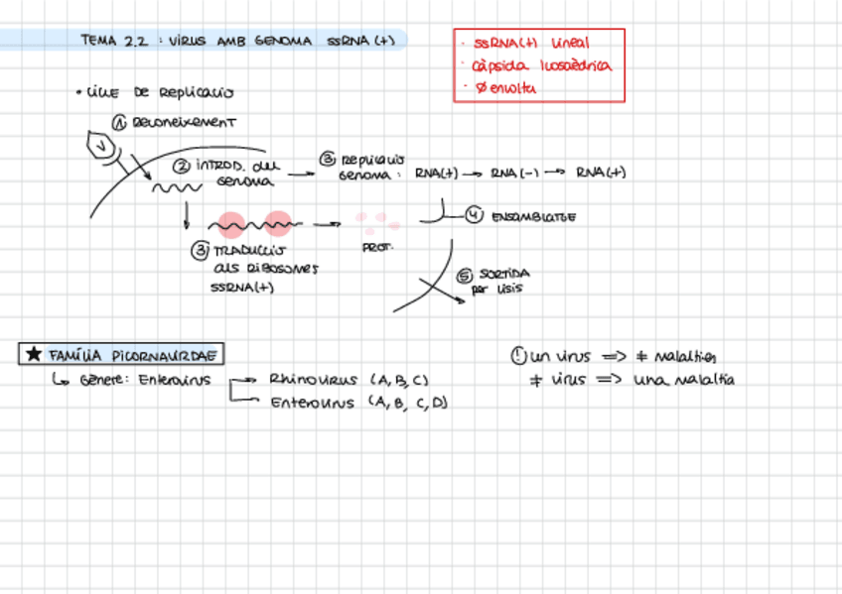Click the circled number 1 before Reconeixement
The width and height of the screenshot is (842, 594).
(x=118, y=124)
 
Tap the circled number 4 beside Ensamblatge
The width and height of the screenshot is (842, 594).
(x=474, y=215)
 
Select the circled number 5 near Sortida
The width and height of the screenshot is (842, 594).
(x=464, y=277)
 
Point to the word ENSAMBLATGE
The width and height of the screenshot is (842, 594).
(x=533, y=216)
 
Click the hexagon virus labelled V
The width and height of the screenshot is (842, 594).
(x=101, y=146)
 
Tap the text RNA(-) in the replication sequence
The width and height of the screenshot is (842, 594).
(x=513, y=173)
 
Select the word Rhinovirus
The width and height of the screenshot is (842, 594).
(x=313, y=379)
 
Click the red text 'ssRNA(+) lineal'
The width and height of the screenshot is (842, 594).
(x=531, y=44)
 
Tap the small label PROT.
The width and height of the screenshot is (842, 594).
(x=377, y=247)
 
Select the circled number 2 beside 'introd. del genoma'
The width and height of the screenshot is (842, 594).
(x=183, y=166)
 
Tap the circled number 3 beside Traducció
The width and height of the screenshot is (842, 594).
(x=200, y=251)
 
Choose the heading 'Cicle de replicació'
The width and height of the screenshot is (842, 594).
(x=160, y=93)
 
